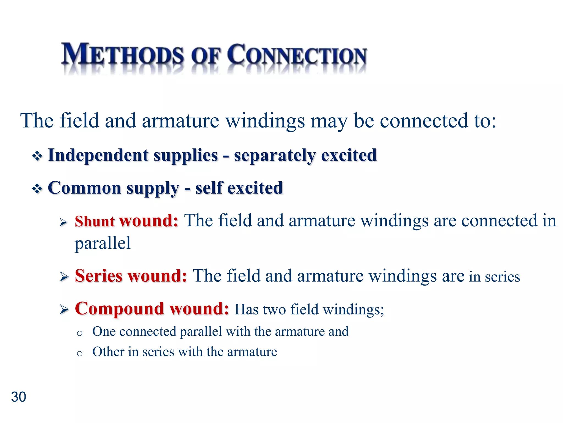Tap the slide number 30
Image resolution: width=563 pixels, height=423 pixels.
point(18,397)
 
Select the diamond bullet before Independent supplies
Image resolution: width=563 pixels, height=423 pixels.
point(37,156)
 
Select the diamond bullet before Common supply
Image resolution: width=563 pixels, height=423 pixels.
point(37,189)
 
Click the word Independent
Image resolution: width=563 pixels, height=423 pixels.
point(98,155)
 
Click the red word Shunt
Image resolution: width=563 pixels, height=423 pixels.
point(95,221)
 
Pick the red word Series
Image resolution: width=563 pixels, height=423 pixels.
point(98,276)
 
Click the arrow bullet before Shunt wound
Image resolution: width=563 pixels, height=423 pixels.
point(64,222)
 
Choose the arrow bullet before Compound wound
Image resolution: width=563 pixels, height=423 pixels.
point(64,310)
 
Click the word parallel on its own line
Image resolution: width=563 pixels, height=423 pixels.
point(103,243)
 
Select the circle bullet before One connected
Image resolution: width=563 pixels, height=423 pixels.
point(80,333)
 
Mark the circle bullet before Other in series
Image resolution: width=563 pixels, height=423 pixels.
point(80,353)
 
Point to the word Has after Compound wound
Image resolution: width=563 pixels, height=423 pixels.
point(246,310)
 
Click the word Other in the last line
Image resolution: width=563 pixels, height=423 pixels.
point(108,352)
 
